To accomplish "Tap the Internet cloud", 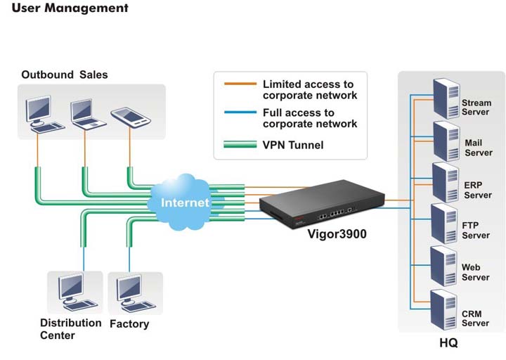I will point(185,202).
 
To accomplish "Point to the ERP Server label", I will point(477,190).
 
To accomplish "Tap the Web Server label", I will point(476,273).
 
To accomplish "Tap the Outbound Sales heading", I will point(65,75).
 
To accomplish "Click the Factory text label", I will point(129,324).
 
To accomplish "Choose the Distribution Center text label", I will point(70,329).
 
